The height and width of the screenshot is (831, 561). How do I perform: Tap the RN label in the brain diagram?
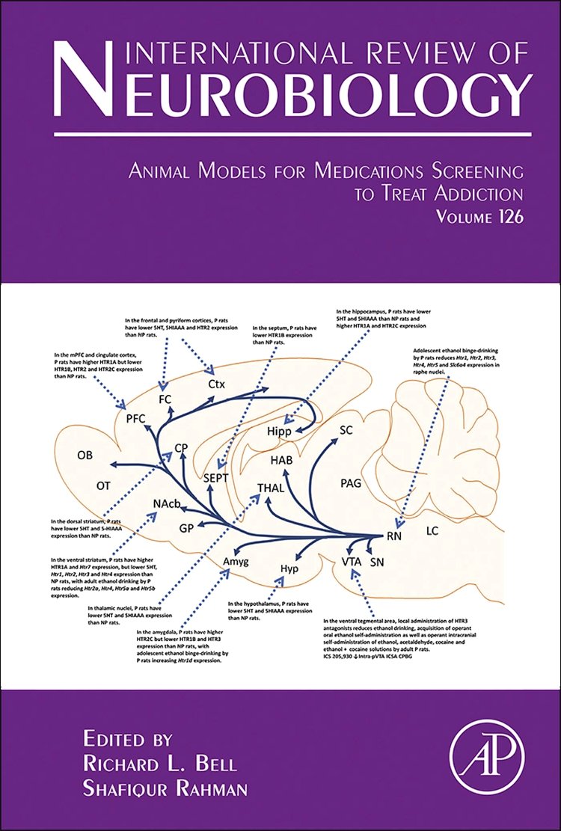point(395,536)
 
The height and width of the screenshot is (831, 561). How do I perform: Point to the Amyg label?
point(235,561)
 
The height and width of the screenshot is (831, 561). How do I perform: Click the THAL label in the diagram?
point(270,487)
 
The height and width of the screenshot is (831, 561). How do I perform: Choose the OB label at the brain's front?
point(85,455)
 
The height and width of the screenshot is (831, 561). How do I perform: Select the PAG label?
point(351,483)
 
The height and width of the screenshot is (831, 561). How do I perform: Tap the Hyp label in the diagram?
point(289,568)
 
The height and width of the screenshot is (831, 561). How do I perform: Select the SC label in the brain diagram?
point(346,430)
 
